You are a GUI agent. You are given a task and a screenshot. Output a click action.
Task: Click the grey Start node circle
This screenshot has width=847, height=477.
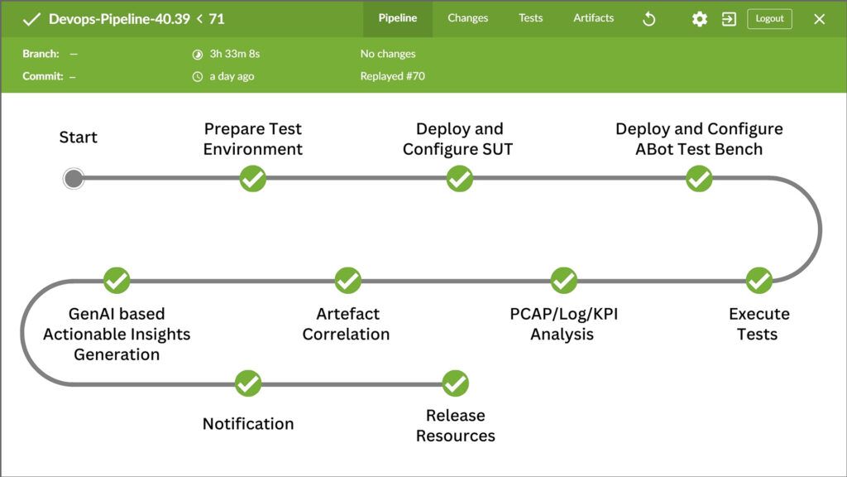click(x=74, y=179)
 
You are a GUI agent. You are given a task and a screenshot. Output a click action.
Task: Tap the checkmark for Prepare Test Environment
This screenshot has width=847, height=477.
click(x=253, y=179)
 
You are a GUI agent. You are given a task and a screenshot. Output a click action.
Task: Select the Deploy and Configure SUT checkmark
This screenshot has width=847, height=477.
click(x=460, y=179)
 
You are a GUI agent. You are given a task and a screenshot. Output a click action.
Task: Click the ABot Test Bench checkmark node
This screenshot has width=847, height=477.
click(x=699, y=179)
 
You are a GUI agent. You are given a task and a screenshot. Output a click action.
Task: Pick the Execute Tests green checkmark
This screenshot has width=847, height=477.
click(x=759, y=280)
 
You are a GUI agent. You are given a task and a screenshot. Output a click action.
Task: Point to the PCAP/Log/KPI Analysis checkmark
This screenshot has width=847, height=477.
click(x=564, y=280)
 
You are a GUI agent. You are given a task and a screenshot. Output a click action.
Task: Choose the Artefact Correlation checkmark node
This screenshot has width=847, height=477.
click(x=348, y=280)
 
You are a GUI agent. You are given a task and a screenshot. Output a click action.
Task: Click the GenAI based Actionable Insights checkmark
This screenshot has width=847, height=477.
click(x=117, y=280)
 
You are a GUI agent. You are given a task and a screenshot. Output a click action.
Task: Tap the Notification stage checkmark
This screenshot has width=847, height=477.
click(x=248, y=383)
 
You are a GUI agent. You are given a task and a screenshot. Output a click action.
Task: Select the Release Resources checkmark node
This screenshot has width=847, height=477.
click(x=456, y=383)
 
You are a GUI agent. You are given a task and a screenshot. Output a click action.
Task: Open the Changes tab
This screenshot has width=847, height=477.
click(x=468, y=18)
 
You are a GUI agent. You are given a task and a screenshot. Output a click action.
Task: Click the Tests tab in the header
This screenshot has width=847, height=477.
click(x=530, y=18)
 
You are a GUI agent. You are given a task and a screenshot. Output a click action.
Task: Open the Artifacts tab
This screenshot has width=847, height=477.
click(x=594, y=18)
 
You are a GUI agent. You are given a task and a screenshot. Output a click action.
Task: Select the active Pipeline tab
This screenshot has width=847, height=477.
click(x=398, y=18)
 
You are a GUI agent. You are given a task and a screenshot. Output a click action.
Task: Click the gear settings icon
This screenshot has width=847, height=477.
click(x=700, y=20)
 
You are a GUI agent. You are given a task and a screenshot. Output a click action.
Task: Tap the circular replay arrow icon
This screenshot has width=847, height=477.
click(x=648, y=20)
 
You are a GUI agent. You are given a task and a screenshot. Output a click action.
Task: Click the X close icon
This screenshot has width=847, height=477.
click(x=820, y=20)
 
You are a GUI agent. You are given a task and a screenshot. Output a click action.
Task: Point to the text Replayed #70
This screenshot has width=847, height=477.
click(x=393, y=76)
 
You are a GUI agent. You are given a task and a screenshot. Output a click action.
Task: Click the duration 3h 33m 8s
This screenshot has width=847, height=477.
click(x=235, y=54)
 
